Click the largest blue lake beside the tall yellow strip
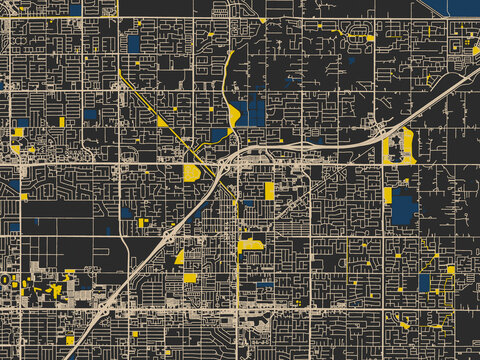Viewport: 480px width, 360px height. (403, 207)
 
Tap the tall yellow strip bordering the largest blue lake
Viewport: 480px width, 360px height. (387, 195)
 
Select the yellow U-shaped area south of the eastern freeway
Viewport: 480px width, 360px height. (408, 148)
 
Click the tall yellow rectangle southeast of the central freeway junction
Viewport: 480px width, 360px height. (269, 190)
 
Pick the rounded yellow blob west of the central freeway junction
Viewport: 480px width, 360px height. (192, 173)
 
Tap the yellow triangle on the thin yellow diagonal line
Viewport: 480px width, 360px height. (162, 122)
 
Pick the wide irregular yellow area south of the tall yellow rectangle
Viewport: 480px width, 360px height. (249, 244)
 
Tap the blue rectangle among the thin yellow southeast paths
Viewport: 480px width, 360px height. (424, 282)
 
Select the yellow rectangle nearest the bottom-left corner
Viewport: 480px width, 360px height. (70, 340)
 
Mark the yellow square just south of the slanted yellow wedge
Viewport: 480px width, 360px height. (190, 277)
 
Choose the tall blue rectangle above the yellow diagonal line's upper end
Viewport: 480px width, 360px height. (133, 43)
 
